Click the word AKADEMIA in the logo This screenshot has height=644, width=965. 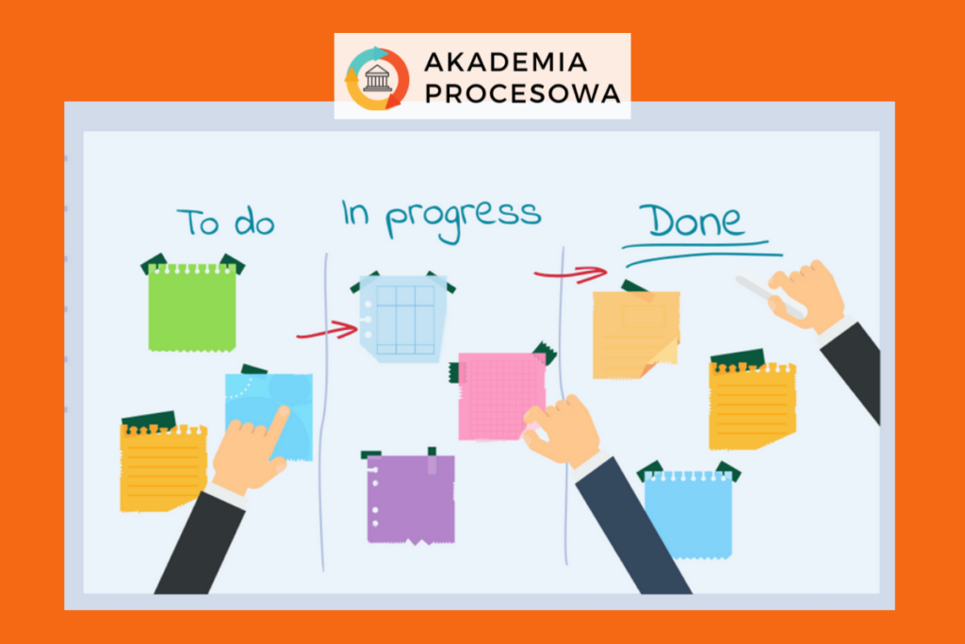coord(505,62)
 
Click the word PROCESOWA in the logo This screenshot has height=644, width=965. coord(522,93)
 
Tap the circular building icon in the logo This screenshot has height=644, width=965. coord(377,79)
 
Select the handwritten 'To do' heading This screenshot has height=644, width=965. coord(225,223)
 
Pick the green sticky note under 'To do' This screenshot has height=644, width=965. coord(192,306)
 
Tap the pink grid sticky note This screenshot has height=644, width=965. coord(501,397)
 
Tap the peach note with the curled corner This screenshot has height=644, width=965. coord(636,335)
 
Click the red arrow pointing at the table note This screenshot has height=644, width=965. coord(327,330)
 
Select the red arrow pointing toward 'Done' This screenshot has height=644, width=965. coord(570,274)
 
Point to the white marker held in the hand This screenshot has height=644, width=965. coord(769,297)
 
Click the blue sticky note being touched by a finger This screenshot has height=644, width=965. coord(269,416)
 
